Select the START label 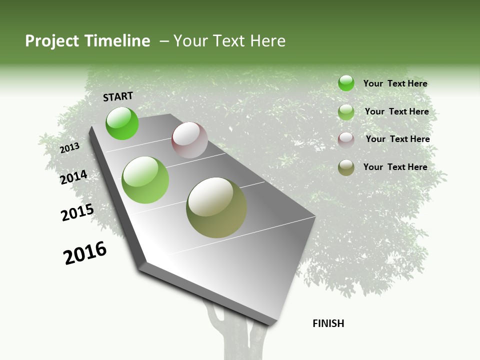[118, 96]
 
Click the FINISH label [328, 323]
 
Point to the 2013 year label [70, 148]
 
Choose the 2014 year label [73, 177]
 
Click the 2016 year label [85, 253]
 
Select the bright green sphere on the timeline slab [122, 123]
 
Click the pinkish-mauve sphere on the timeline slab [189, 140]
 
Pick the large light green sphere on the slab [145, 180]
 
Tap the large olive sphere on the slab [216, 207]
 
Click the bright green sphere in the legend [346, 83]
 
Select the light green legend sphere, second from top [346, 112]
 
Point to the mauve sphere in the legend [346, 139]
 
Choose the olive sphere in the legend [346, 167]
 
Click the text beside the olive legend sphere [395, 167]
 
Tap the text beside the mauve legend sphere [397, 139]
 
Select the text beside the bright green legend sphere [395, 83]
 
